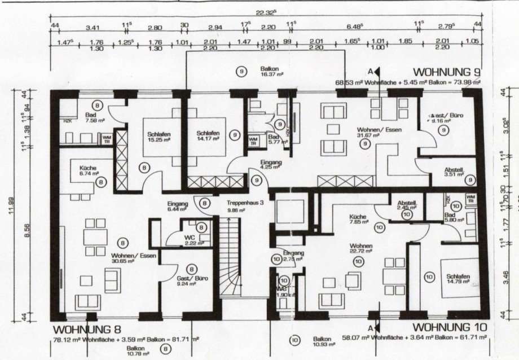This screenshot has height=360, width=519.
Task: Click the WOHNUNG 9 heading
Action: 447,72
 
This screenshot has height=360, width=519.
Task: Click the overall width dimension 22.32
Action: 265,11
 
